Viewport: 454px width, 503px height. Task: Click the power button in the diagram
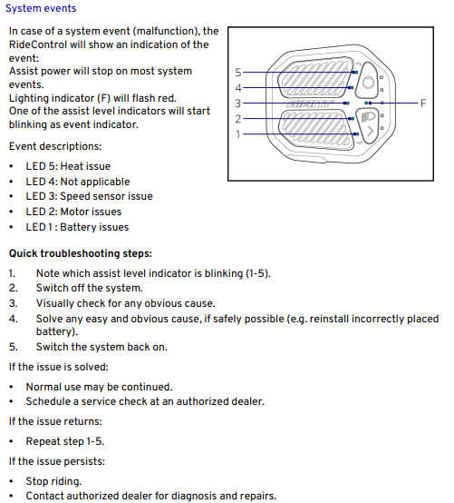coord(367,81)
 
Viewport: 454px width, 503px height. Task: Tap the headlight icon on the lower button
coord(368,117)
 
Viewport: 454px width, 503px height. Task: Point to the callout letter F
coord(423,104)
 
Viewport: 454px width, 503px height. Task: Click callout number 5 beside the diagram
coord(238,73)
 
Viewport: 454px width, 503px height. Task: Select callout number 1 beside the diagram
coord(238,134)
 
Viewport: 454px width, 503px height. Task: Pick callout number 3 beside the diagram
coord(237,104)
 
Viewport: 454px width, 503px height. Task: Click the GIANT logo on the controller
coord(308,104)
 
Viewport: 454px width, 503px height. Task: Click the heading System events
coord(41,8)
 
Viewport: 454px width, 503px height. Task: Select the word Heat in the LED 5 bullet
coord(71,166)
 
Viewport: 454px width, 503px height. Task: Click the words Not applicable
coord(95,182)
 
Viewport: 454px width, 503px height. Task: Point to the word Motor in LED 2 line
coord(73,212)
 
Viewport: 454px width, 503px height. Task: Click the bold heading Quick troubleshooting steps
coord(81,253)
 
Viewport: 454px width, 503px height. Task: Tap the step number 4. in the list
coord(13,319)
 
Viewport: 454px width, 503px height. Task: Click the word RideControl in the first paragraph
coord(38,44)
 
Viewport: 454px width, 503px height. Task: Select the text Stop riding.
coord(53,481)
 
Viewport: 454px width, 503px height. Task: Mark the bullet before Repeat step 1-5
coord(12,442)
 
